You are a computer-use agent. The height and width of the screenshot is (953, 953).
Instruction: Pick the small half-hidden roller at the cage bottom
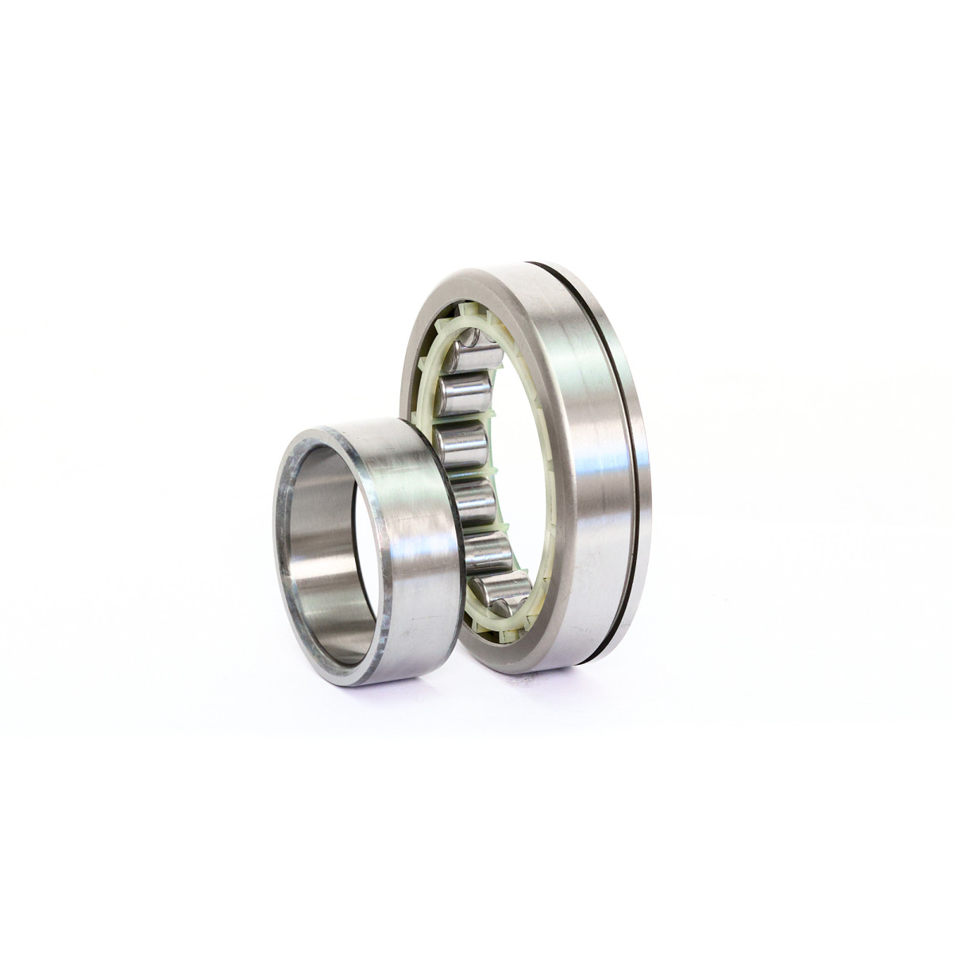click(500, 608)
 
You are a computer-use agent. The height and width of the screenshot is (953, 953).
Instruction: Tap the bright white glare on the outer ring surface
click(592, 508)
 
